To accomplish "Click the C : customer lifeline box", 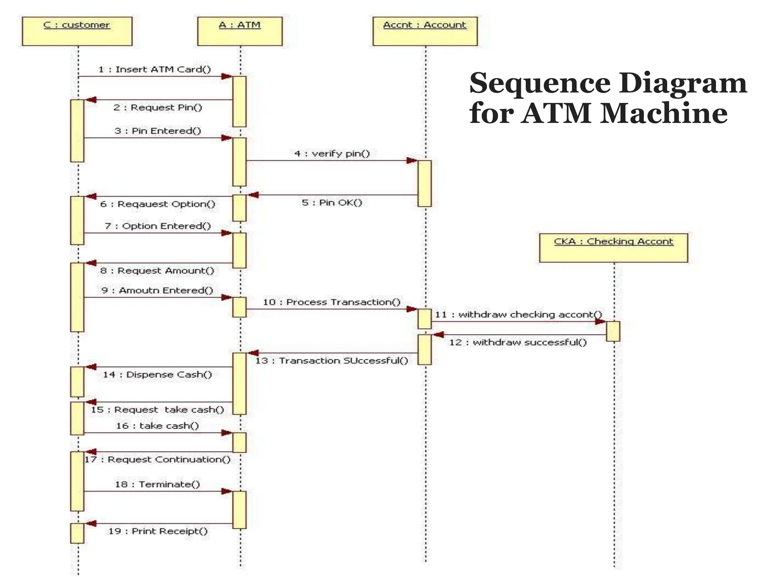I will (x=77, y=31).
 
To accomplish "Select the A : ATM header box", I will (x=240, y=31).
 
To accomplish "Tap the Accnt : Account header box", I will (x=425, y=31).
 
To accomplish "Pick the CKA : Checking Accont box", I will (x=613, y=248).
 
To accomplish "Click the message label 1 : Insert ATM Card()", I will (x=155, y=69).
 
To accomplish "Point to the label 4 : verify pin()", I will (x=332, y=154).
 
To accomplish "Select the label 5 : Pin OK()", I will (x=332, y=203).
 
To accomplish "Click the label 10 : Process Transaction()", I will (x=332, y=302).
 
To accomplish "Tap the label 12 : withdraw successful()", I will (x=518, y=342).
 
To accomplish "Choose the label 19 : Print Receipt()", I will (x=158, y=531).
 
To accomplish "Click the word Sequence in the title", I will (x=540, y=83).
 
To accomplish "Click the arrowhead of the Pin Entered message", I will (x=227, y=138).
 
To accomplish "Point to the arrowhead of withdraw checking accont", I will (x=600, y=322).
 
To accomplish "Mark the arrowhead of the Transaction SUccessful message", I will (x=253, y=353).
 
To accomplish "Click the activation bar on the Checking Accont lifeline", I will (x=613, y=331).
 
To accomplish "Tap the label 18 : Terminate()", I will (x=157, y=484).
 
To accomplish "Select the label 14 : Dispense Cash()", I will (x=157, y=375).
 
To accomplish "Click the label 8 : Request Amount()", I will (x=157, y=271).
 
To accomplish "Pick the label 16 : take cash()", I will (x=157, y=426).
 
